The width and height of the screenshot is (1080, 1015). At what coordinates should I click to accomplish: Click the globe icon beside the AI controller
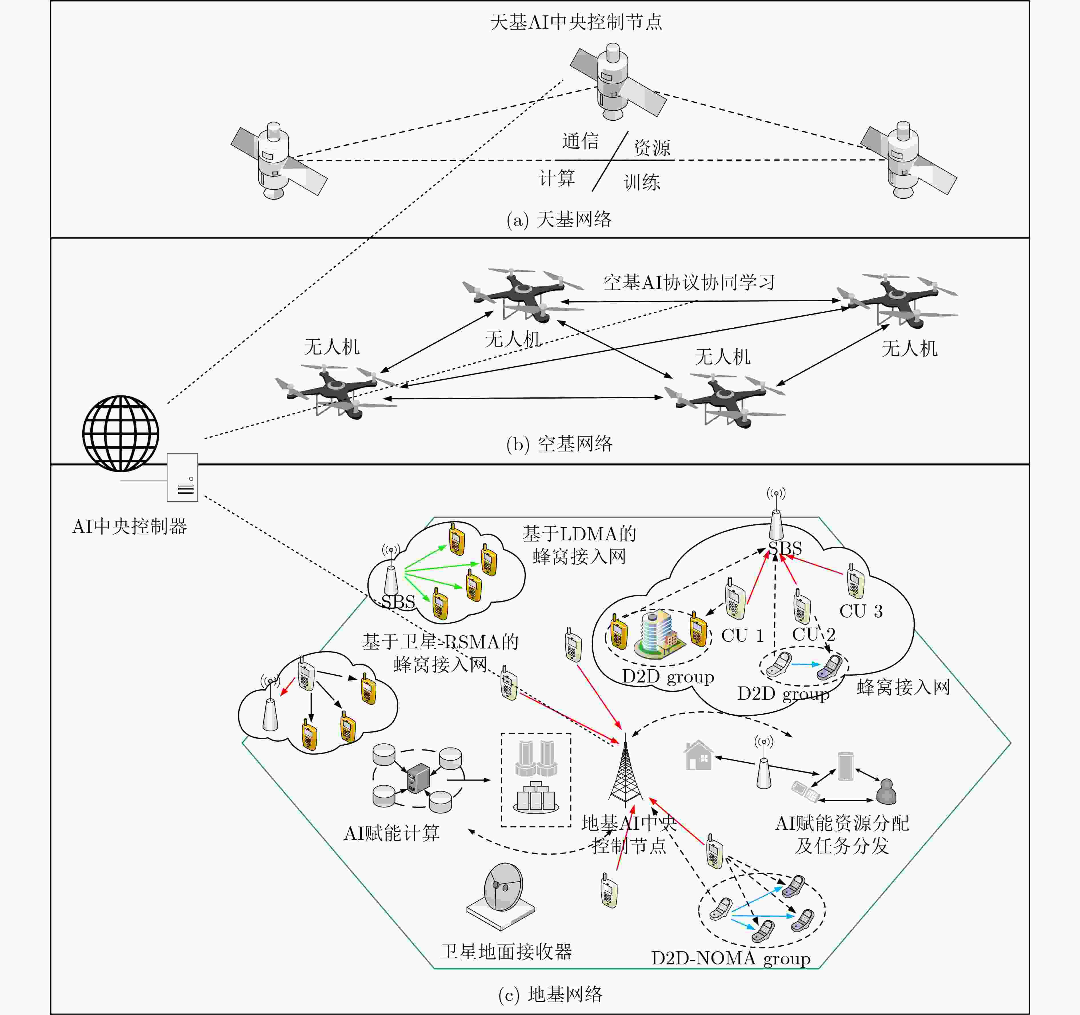tap(121, 433)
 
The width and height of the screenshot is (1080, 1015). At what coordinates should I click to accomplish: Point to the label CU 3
tap(861, 611)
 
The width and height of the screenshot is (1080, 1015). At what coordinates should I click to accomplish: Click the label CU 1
tap(743, 635)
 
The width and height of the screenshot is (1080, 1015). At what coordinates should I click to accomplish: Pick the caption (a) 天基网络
tap(559, 220)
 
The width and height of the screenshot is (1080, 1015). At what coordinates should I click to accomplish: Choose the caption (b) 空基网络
tap(559, 444)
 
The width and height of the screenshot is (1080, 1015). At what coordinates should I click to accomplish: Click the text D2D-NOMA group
tap(731, 958)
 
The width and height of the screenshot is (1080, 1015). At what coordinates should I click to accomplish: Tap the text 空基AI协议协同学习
tap(689, 282)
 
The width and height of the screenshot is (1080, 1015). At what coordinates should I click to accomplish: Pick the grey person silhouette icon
tap(886, 792)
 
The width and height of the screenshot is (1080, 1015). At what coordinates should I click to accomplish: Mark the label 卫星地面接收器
tap(506, 952)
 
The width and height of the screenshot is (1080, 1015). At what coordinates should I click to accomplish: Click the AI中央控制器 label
tap(130, 526)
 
